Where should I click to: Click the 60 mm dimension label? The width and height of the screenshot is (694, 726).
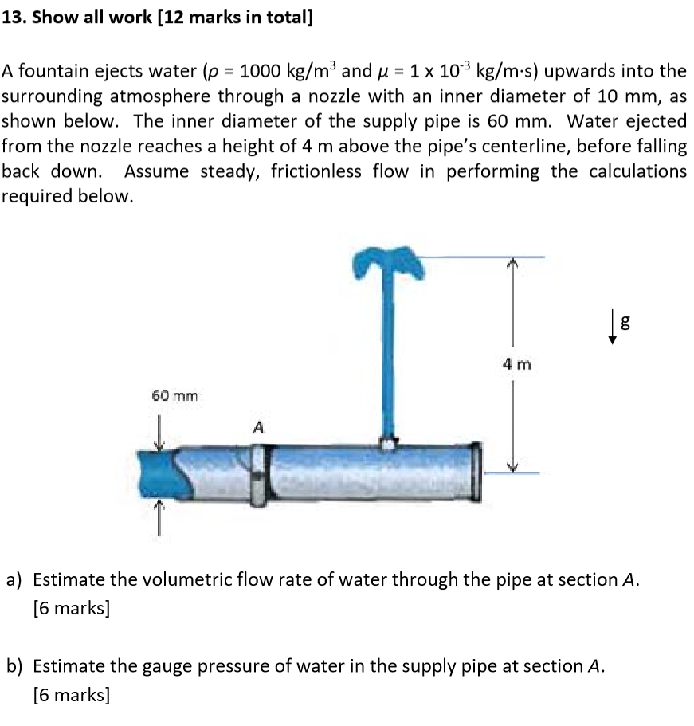(174, 395)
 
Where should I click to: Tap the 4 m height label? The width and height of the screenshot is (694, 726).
(516, 366)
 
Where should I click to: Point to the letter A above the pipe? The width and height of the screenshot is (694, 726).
(257, 428)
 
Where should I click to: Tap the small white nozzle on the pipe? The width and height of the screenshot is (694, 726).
(387, 443)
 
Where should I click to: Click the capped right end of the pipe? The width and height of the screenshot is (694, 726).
(476, 469)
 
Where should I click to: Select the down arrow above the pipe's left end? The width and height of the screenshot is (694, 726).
(159, 433)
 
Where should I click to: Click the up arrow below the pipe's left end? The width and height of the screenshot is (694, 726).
(159, 516)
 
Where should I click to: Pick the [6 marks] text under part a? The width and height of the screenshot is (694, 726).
(71, 608)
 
